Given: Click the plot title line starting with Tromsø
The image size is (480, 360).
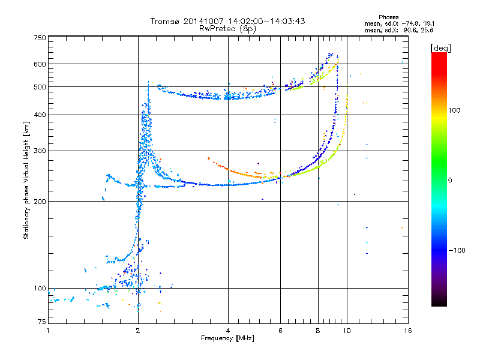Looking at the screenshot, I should click(x=228, y=21).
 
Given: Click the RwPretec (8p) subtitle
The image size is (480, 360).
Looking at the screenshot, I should click(x=228, y=28).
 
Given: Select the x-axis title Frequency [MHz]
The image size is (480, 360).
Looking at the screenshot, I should click(x=227, y=339).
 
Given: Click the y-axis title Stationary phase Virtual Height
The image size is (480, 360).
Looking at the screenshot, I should click(x=26, y=180).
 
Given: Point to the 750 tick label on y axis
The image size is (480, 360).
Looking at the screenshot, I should click(x=40, y=38).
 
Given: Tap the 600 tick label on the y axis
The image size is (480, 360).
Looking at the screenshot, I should click(x=40, y=64).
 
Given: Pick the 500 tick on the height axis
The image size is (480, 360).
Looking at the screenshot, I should click(x=40, y=87).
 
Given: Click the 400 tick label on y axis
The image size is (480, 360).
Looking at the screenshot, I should click(x=40, y=115).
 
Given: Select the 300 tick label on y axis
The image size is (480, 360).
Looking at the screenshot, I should click(x=40, y=151).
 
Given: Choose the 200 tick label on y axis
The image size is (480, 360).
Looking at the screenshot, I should click(x=40, y=202).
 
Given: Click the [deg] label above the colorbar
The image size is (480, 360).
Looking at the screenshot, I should click(x=441, y=47).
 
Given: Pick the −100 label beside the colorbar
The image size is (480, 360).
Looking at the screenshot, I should click(x=457, y=250).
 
